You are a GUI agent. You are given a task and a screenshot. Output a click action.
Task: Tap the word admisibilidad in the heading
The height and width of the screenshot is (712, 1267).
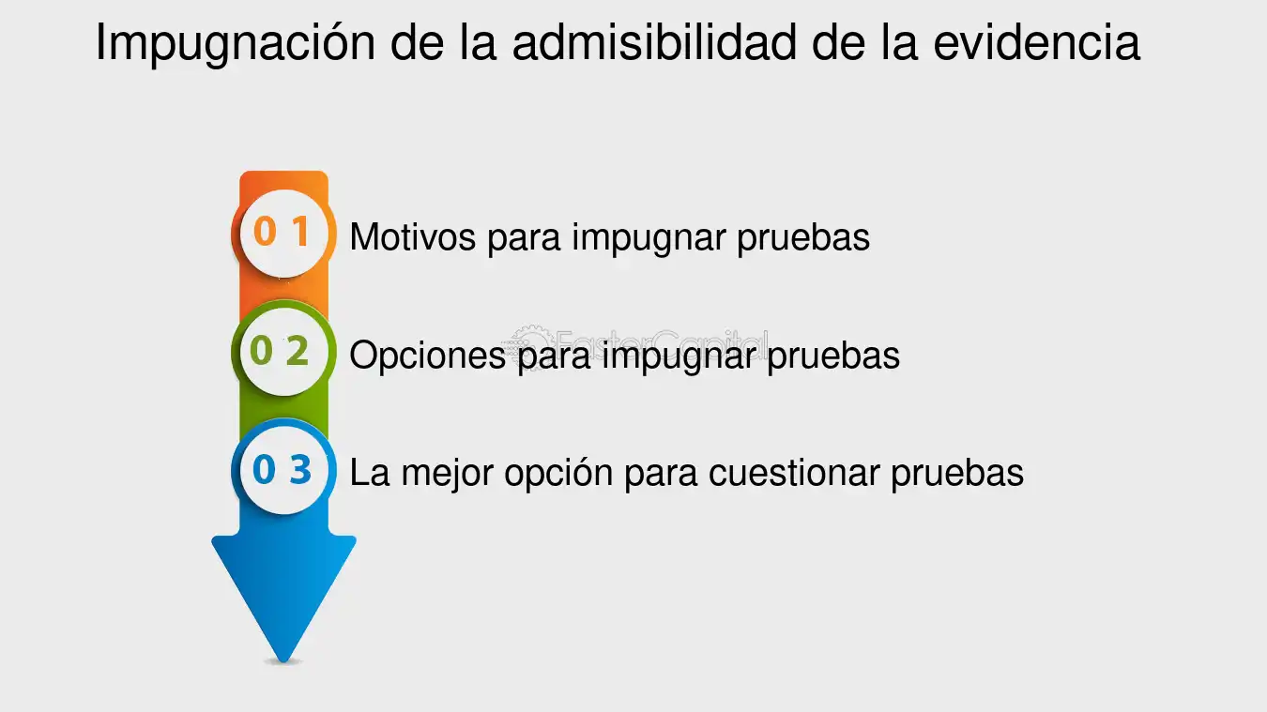[x=654, y=42]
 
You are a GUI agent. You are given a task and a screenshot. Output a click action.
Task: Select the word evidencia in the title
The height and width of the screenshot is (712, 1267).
[x=1036, y=42]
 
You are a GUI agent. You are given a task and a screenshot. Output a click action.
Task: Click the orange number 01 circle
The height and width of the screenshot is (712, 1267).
[x=283, y=233]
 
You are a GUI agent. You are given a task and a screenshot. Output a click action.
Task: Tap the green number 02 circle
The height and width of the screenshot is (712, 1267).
[x=283, y=351]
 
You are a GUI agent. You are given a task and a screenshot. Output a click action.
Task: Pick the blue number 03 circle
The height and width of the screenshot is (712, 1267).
[x=283, y=470]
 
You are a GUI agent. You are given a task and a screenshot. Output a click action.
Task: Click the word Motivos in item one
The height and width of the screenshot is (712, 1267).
[x=413, y=236]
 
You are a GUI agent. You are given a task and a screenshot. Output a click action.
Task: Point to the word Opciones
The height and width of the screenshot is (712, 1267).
[x=428, y=356]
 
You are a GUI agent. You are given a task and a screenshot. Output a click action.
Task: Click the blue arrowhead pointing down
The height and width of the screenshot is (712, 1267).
[x=283, y=598]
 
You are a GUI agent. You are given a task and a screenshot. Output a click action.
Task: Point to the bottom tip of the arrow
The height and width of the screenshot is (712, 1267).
[x=283, y=661]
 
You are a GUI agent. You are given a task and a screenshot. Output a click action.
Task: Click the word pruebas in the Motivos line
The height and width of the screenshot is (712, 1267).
[x=803, y=238]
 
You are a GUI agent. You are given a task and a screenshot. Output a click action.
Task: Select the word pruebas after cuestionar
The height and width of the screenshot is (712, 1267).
[x=957, y=474]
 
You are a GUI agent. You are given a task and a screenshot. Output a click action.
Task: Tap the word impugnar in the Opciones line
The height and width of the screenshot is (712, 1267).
[x=679, y=356]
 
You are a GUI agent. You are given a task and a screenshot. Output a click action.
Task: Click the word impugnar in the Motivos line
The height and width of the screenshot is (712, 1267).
[x=649, y=238]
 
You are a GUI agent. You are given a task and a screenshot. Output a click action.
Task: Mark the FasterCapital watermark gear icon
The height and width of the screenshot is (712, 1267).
[x=529, y=342]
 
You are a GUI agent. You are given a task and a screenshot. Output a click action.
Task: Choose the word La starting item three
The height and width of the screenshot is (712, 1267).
[x=370, y=473]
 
